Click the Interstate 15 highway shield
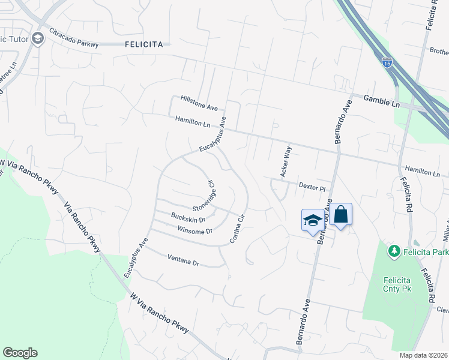tap(388, 62)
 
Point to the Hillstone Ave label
tap(199, 103)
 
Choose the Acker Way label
tap(286, 161)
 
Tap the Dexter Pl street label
tap(312, 187)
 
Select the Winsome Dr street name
tap(195, 231)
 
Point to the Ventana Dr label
tap(183, 262)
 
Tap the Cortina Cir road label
tap(238, 228)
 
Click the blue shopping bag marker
tap(340, 215)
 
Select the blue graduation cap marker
tap(312, 220)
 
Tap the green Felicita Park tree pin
tap(394, 251)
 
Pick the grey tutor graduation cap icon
tap(38, 40)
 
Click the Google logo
tap(20, 353)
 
